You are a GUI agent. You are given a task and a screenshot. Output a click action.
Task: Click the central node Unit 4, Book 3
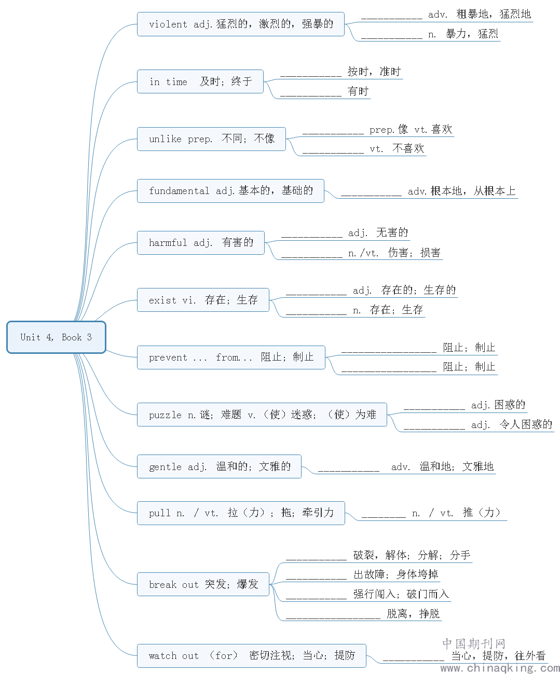[x=56, y=337]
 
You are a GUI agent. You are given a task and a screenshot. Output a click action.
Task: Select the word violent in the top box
[x=168, y=24]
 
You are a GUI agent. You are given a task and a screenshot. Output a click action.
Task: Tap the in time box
[x=200, y=81]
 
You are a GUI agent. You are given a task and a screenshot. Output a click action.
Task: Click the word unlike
[x=165, y=139]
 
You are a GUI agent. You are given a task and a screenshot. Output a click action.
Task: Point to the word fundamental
[x=179, y=190]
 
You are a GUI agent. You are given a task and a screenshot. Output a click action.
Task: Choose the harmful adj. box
[x=201, y=243]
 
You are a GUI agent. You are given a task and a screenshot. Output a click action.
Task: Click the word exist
[x=162, y=300]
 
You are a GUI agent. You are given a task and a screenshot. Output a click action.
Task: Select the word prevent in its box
[x=168, y=357]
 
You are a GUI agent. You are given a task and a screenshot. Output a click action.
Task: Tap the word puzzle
[x=165, y=415]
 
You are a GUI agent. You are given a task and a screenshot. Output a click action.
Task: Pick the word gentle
[x=165, y=467]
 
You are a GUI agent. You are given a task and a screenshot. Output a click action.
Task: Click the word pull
[x=159, y=513]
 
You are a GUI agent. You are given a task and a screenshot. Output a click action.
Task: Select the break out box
[x=203, y=584]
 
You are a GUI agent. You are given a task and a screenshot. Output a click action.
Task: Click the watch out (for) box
[x=252, y=656]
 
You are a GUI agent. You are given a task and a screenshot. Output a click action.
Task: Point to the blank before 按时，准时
[x=311, y=76]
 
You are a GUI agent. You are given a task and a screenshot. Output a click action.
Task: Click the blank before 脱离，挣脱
[x=333, y=618]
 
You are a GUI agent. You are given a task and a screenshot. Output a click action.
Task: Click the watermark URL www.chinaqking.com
[x=500, y=668]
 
